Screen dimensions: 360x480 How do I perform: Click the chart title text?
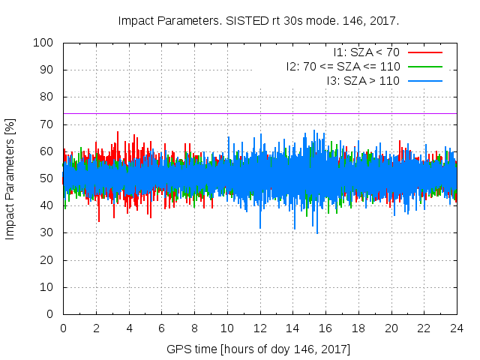tap(259, 20)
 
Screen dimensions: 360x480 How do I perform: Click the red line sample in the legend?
tap(424, 52)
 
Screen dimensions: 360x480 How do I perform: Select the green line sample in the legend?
tap(424, 66)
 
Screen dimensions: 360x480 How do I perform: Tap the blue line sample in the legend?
tap(424, 79)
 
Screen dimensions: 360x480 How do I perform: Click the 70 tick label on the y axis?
tap(48, 124)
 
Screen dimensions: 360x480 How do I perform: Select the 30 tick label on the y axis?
tap(48, 233)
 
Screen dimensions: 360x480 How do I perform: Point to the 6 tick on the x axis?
tap(161, 328)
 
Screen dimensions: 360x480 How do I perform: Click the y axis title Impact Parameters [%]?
tap(10, 178)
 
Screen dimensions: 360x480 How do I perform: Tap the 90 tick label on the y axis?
tap(48, 70)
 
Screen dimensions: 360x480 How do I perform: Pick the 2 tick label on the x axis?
tap(96, 328)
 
